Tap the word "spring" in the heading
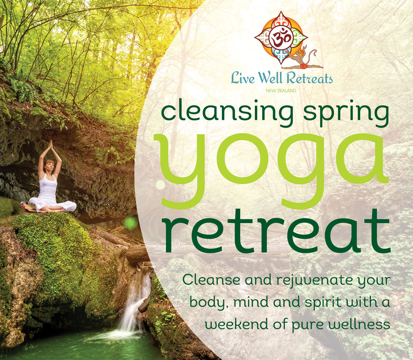(x=346, y=114)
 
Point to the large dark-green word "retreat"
(x=276, y=232)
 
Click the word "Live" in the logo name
(x=243, y=78)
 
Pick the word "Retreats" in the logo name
(x=309, y=78)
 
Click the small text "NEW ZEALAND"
(x=281, y=91)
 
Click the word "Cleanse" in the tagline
(x=211, y=280)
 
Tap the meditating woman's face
(x=50, y=167)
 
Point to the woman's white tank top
(x=47, y=188)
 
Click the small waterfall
(x=134, y=300)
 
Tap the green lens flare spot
(x=131, y=223)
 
